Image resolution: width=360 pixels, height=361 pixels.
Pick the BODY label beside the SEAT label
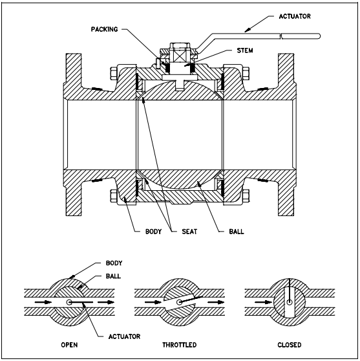tap(146, 229)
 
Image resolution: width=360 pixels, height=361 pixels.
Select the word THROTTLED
tap(178, 345)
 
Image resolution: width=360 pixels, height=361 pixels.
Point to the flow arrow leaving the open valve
tap(106, 301)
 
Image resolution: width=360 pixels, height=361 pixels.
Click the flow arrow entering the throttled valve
tap(147, 301)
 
